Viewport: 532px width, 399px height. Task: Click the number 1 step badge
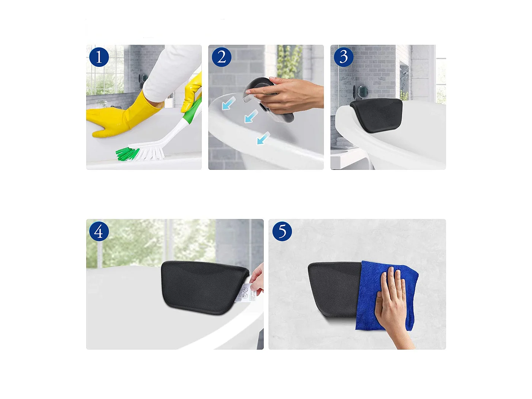point(99,57)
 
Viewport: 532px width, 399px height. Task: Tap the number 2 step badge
point(222,57)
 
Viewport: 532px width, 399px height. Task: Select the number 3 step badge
point(344,57)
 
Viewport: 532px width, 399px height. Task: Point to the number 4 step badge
point(99,231)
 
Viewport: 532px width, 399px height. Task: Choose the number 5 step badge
point(282,231)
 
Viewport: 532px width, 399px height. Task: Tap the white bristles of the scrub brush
point(152,153)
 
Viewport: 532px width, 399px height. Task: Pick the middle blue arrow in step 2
point(251,116)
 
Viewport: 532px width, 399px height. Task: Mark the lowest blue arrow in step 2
point(263,138)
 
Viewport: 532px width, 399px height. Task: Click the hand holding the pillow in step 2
point(293,95)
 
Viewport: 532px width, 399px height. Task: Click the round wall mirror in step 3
point(361,91)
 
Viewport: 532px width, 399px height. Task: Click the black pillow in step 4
point(201,287)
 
